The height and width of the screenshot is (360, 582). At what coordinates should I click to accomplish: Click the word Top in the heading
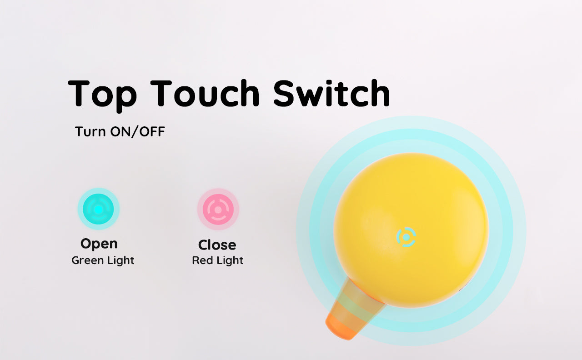pyautogui.click(x=102, y=95)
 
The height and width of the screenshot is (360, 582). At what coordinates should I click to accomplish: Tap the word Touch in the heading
pyautogui.click(x=205, y=93)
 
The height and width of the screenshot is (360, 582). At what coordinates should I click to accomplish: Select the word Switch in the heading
pyautogui.click(x=332, y=93)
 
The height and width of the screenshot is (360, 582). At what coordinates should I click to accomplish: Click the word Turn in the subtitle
pyautogui.click(x=90, y=131)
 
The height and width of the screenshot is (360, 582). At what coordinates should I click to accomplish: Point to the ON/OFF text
pyautogui.click(x=138, y=131)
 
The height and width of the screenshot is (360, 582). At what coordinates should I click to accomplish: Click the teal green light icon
pyautogui.click(x=99, y=209)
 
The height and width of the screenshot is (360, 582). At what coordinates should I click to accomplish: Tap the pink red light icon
pyautogui.click(x=218, y=209)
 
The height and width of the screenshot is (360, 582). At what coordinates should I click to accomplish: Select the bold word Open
pyautogui.click(x=99, y=244)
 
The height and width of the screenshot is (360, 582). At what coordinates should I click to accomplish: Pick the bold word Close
pyautogui.click(x=217, y=245)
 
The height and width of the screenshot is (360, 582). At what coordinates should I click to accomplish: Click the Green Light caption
pyautogui.click(x=103, y=260)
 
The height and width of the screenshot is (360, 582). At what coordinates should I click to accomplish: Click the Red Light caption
pyautogui.click(x=218, y=260)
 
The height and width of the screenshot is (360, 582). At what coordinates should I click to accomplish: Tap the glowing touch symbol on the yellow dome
pyautogui.click(x=406, y=237)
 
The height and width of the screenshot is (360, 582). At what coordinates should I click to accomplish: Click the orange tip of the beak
pyautogui.click(x=341, y=328)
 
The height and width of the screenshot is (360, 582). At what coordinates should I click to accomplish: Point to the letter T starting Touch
pyautogui.click(x=161, y=94)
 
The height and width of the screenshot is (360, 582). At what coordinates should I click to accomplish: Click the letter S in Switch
pyautogui.click(x=285, y=94)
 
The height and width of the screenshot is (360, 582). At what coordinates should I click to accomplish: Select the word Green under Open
pyautogui.click(x=88, y=260)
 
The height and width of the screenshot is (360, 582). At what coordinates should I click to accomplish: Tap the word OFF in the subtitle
pyautogui.click(x=152, y=131)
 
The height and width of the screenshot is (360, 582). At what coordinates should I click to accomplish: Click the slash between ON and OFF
pyautogui.click(x=134, y=132)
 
